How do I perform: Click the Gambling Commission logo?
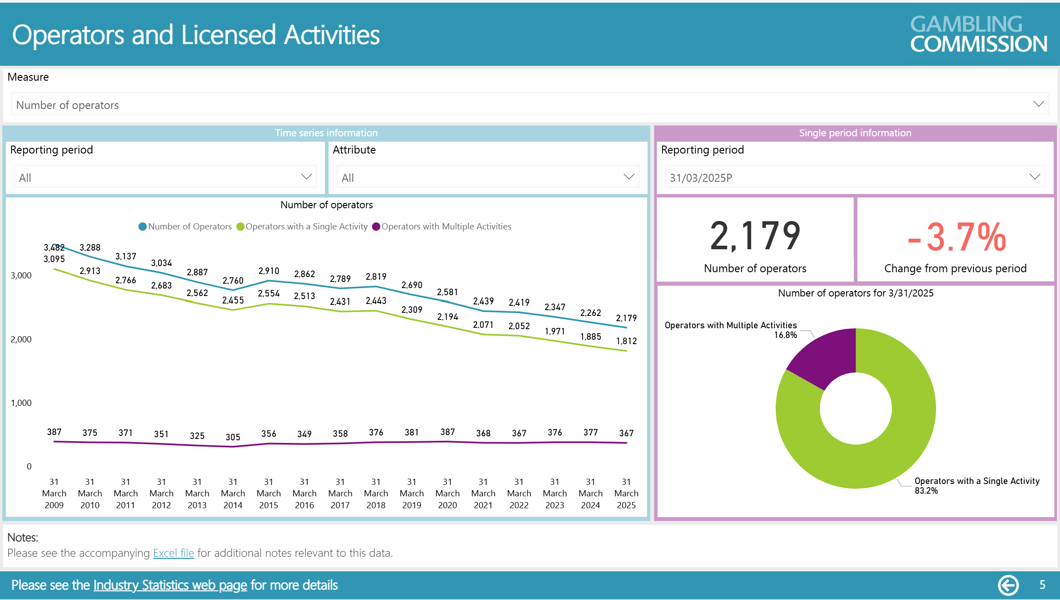[x=978, y=34]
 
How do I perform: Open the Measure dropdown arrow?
[x=1038, y=104]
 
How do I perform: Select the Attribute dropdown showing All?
[x=487, y=177]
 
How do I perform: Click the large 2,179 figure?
[x=755, y=236]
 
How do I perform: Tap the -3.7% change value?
[x=956, y=237]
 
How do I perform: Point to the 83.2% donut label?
[x=926, y=491]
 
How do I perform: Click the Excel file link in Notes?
[x=173, y=553]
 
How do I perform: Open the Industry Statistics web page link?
[x=170, y=585]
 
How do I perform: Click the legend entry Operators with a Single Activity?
[x=306, y=226]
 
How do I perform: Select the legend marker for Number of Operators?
[x=143, y=226]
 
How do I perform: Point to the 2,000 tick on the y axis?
[x=21, y=339]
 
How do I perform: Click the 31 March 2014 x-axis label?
[x=233, y=493]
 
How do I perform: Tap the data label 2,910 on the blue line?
[x=269, y=271]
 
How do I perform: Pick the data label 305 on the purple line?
[x=233, y=437]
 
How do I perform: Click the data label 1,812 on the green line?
[x=626, y=341]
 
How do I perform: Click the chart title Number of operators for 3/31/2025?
[x=855, y=293]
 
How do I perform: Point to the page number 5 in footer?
[x=1042, y=585]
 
